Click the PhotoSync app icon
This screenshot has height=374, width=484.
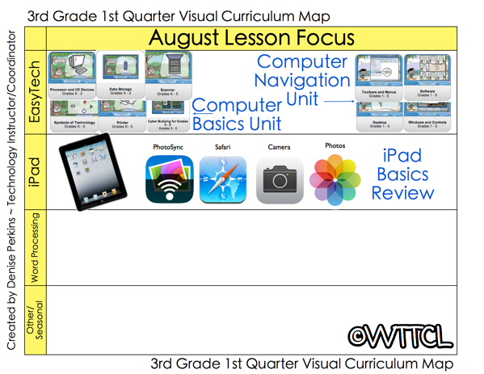(x=170, y=179)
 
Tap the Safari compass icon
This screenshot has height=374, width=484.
(x=223, y=179)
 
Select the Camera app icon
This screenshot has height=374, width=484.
(x=280, y=179)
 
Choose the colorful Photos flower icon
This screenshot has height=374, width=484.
(x=334, y=179)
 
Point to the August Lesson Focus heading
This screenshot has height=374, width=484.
(x=252, y=38)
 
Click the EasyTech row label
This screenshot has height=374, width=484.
(x=34, y=91)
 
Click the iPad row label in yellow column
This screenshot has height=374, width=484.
(x=34, y=170)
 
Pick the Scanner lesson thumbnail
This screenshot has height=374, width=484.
(x=168, y=74)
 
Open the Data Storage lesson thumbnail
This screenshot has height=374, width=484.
(x=120, y=74)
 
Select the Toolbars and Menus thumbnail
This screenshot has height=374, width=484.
(x=379, y=77)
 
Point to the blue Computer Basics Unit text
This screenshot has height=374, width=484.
(x=237, y=115)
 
